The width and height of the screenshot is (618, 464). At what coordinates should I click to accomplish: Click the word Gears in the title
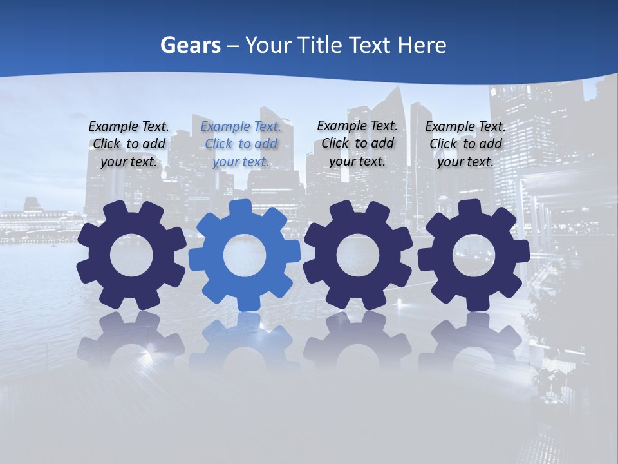pos(190,45)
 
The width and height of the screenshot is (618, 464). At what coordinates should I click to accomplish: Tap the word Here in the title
pos(422,45)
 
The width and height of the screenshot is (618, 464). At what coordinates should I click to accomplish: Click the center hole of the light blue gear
pos(245,255)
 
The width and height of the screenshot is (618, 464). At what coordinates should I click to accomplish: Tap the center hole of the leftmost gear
pos(131,255)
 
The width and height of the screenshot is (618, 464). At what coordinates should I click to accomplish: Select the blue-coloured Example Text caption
pos(241,144)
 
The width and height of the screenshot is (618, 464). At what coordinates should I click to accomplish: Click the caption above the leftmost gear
pos(129,144)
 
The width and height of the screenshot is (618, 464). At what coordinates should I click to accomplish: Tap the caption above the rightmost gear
pos(465,144)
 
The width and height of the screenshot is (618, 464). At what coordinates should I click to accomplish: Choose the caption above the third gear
pos(357,143)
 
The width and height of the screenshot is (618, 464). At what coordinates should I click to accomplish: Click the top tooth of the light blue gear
pos(241,208)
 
